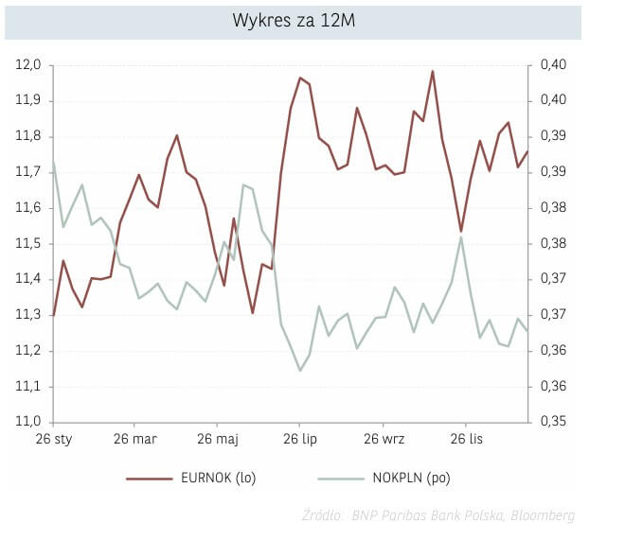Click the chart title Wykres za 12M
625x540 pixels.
(294, 21)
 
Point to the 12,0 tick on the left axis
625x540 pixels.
(28, 65)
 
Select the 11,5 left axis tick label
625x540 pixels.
(28, 244)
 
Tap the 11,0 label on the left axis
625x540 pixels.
(28, 422)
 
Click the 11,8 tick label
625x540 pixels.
(28, 136)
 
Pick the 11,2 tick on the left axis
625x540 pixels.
(28, 351)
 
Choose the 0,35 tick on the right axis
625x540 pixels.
(553, 422)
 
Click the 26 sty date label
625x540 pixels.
(54, 439)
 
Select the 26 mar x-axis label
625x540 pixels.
(134, 439)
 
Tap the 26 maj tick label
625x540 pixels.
(218, 439)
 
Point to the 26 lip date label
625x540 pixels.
(299, 439)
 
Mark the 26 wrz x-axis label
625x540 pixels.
(382, 439)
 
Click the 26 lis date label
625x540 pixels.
(465, 439)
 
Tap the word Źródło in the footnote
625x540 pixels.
(322, 515)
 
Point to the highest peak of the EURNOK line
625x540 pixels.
(433, 72)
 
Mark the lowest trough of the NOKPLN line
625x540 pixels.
(300, 370)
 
